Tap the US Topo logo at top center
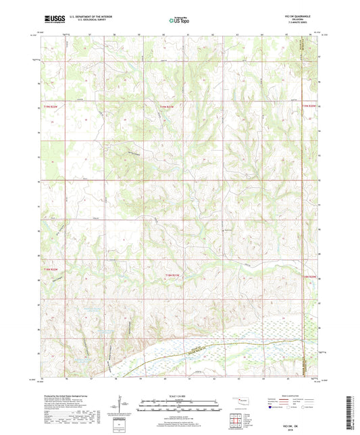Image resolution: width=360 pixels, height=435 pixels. pos(178,21)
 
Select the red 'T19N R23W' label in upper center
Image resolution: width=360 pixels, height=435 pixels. pos(167,106)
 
